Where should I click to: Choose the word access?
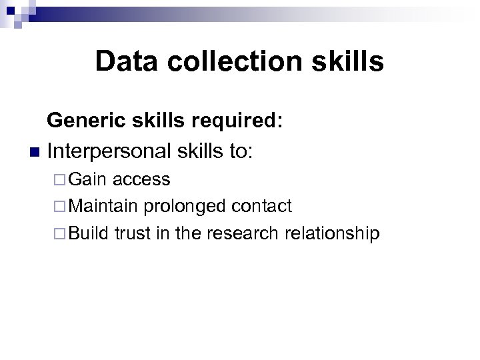point(141,180)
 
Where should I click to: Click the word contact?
point(261,206)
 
